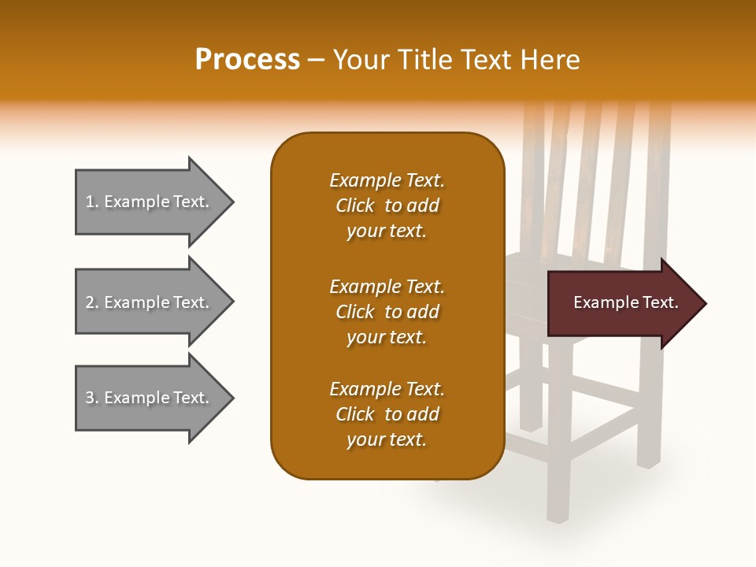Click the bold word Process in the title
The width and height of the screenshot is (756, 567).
click(x=247, y=60)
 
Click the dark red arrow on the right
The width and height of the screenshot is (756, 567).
click(x=622, y=303)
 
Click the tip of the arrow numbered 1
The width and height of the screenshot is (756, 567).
click(x=232, y=202)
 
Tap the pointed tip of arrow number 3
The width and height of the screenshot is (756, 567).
click(x=232, y=398)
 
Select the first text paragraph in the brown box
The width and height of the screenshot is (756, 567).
click(x=387, y=206)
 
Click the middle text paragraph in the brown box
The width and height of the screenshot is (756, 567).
click(x=387, y=312)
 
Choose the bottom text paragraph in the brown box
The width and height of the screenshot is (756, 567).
click(x=387, y=414)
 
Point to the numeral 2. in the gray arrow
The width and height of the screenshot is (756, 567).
click(x=92, y=302)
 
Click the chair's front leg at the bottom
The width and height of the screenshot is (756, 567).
click(x=558, y=504)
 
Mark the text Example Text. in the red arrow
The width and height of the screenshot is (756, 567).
click(x=625, y=302)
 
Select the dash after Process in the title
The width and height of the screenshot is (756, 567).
click(x=316, y=60)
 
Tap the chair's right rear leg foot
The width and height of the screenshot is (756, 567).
click(x=648, y=461)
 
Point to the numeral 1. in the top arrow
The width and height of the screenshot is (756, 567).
click(x=92, y=202)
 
